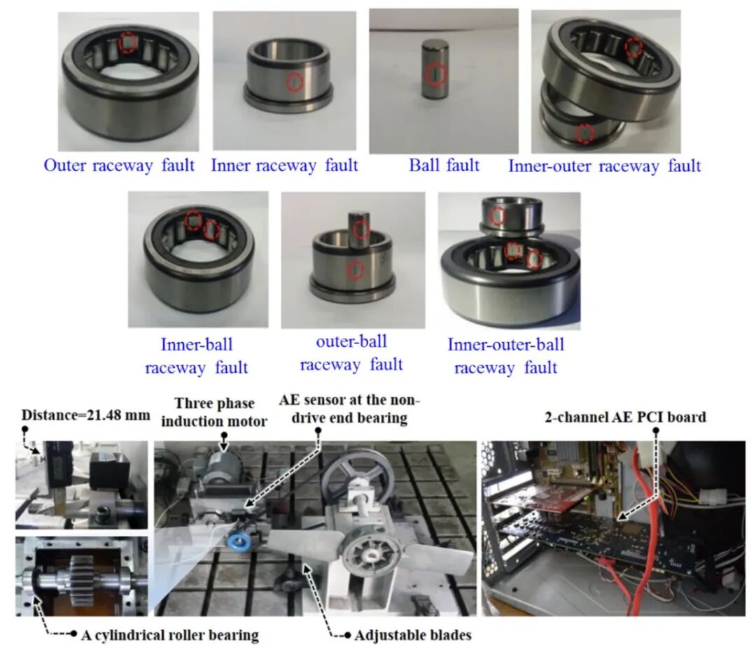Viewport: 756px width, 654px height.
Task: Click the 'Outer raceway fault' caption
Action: click(x=119, y=165)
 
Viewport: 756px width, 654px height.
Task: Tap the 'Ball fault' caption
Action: click(x=444, y=165)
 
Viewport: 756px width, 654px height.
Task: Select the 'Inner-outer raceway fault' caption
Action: click(x=604, y=166)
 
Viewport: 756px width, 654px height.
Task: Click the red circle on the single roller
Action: click(x=436, y=74)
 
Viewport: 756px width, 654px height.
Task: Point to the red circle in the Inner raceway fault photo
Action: click(x=295, y=83)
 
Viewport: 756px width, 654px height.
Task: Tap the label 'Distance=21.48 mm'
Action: click(x=86, y=415)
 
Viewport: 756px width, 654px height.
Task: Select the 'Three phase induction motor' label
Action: click(x=214, y=412)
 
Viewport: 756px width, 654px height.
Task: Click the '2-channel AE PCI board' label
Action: click(x=625, y=417)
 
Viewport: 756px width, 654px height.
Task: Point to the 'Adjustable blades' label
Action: click(x=413, y=635)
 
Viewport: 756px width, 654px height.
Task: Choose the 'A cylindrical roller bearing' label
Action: click(x=169, y=635)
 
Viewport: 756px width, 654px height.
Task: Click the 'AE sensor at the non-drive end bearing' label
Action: click(x=349, y=408)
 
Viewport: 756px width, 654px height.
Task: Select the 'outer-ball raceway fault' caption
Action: click(x=351, y=353)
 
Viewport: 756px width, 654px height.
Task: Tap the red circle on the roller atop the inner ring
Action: click(x=361, y=230)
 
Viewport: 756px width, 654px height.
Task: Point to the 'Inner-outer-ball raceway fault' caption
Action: click(x=506, y=355)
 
